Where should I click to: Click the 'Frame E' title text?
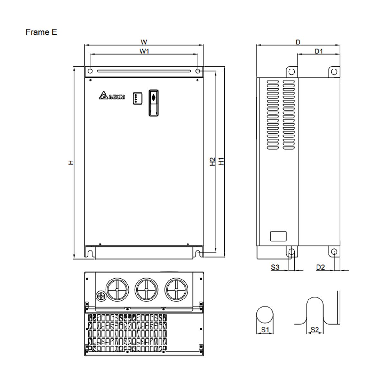(x=41, y=32)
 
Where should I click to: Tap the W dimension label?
(x=144, y=42)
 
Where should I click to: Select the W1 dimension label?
(x=144, y=51)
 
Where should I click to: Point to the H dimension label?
(x=71, y=162)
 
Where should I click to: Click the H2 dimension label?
(x=212, y=161)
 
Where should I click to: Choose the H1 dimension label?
(x=221, y=161)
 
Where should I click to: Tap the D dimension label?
(x=298, y=42)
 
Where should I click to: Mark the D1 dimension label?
(x=319, y=51)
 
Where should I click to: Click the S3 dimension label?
(x=275, y=267)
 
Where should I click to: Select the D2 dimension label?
(x=320, y=267)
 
